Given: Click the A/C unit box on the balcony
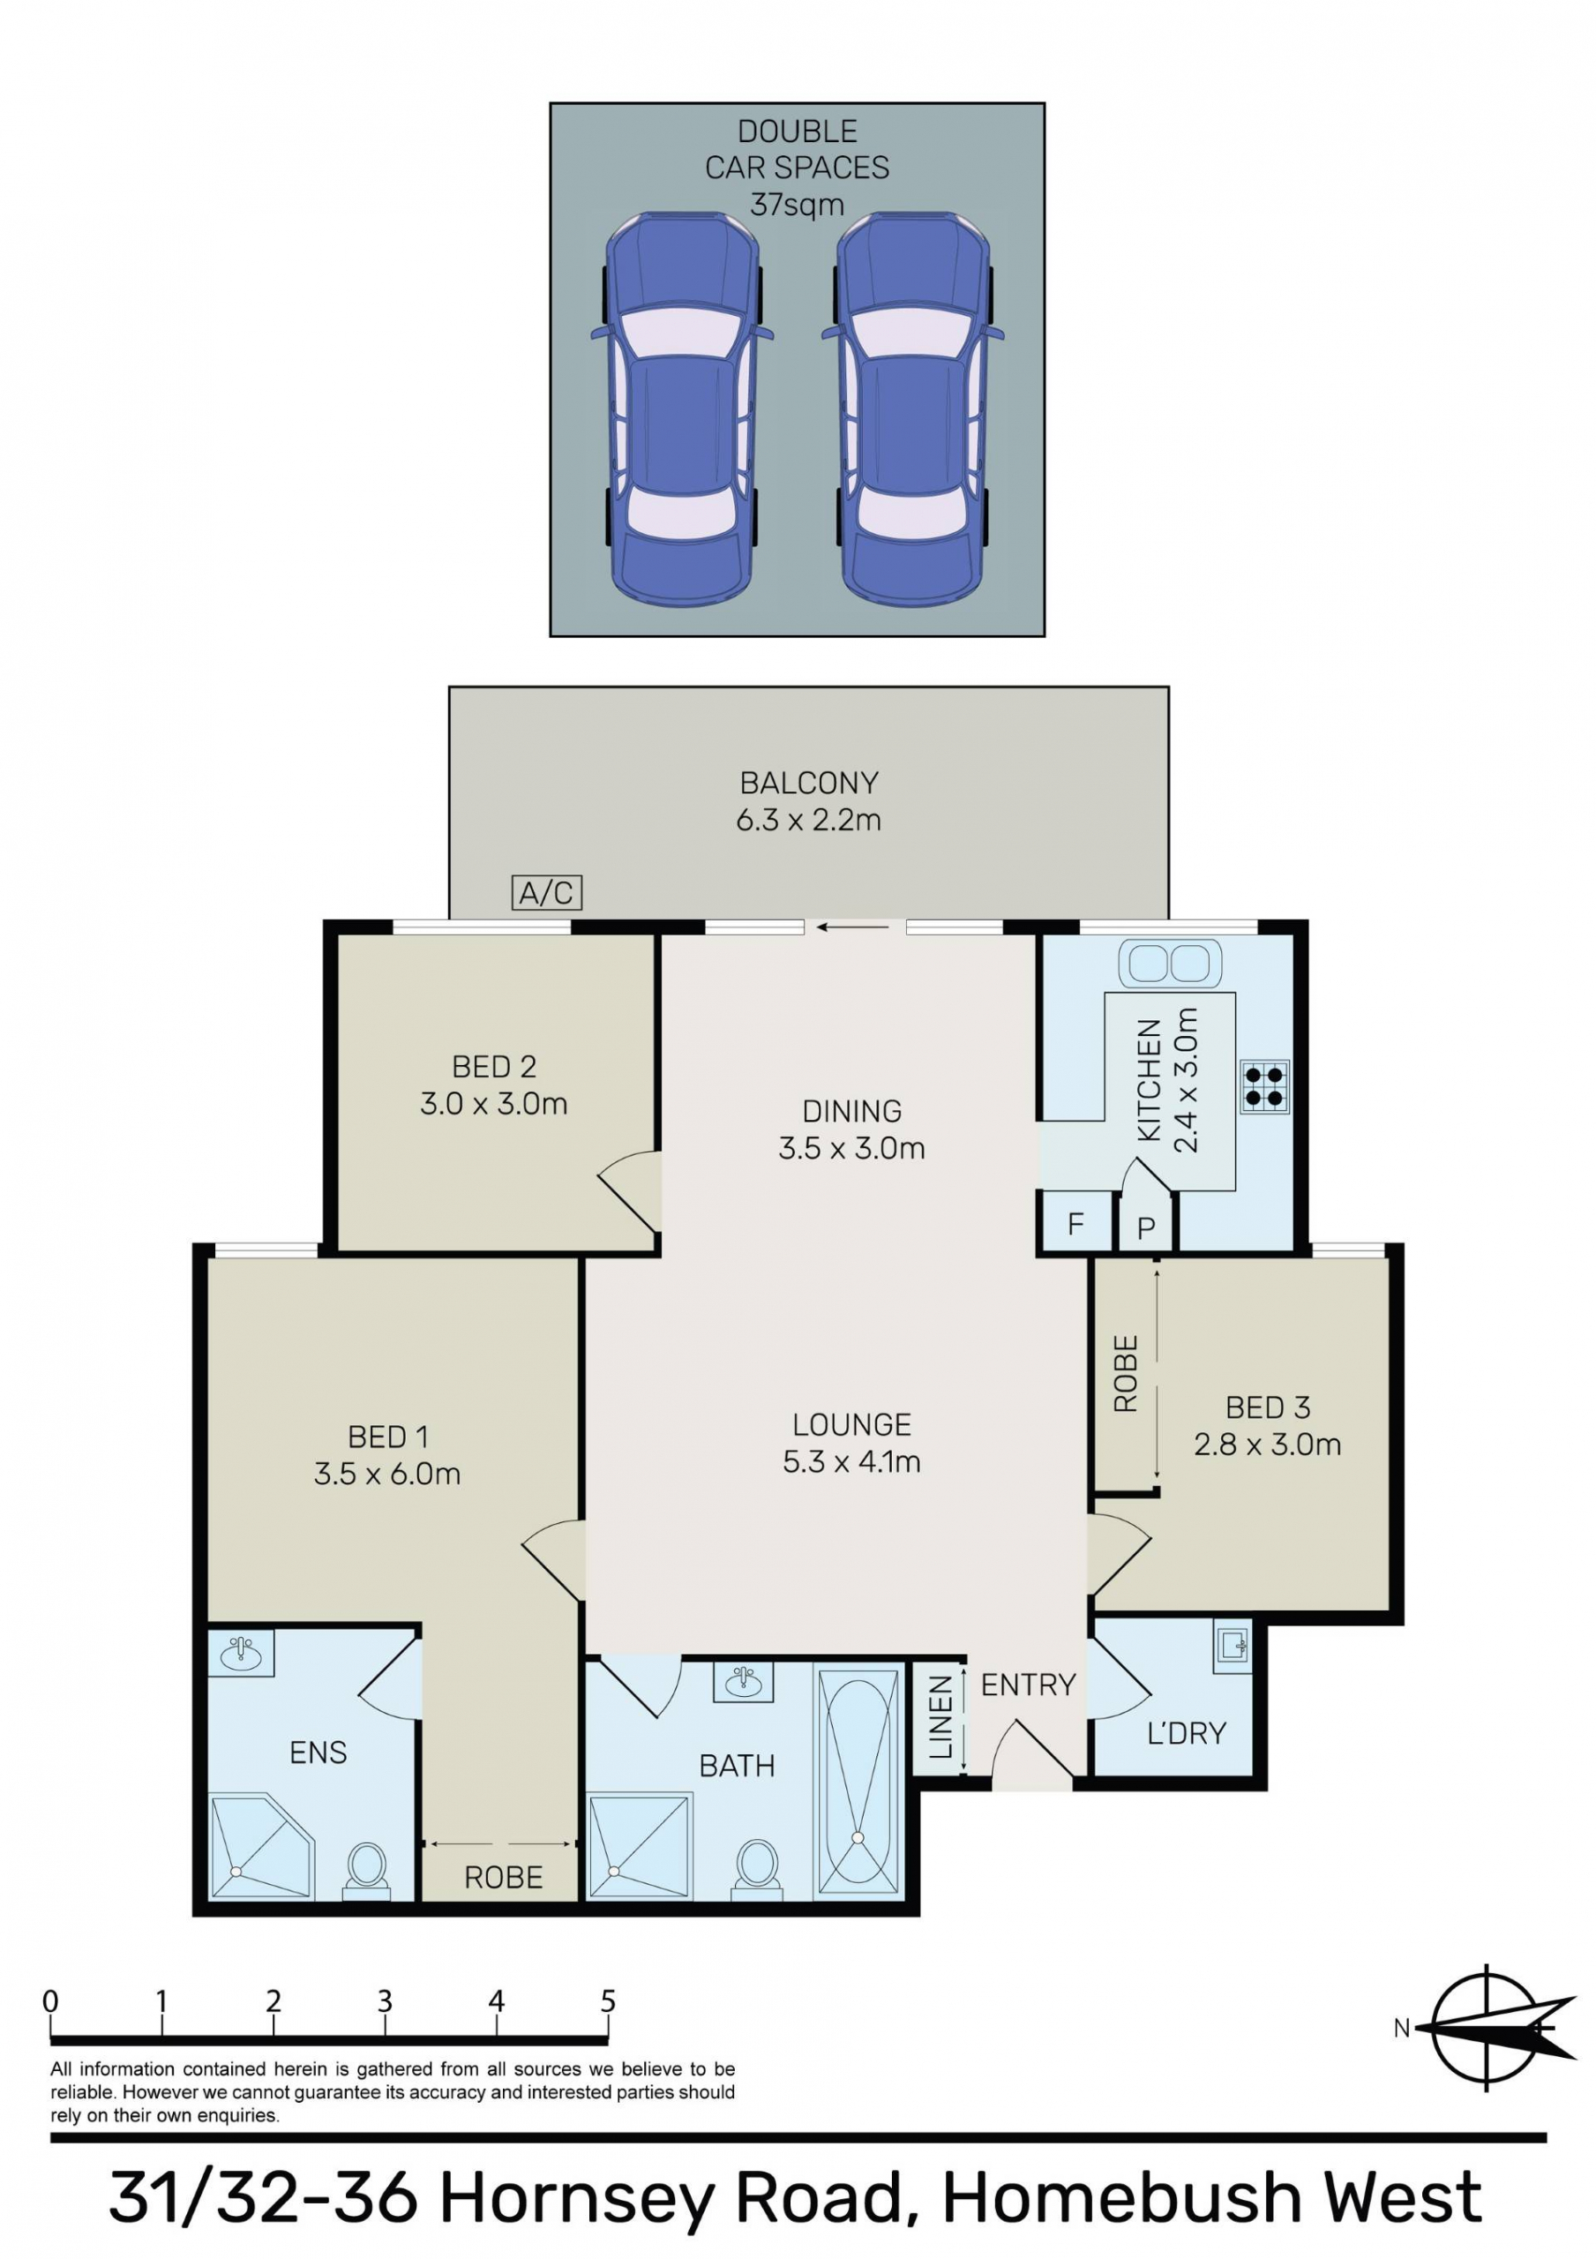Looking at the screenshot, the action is coord(547,892).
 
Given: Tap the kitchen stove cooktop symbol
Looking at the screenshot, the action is coord(1264,1086).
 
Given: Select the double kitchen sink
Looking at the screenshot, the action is coord(1170,964).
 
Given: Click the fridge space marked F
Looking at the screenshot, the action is coord(1075,1223).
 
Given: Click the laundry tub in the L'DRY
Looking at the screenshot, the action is coord(1233,1644).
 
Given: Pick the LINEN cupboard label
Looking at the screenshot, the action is coord(940,1717).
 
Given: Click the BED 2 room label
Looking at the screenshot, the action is coord(494,1067).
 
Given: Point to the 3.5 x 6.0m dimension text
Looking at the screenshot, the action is coord(386,1473).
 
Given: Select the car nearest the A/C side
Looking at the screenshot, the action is coord(682,409).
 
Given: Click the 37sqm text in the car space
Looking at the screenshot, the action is coord(797,205).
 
